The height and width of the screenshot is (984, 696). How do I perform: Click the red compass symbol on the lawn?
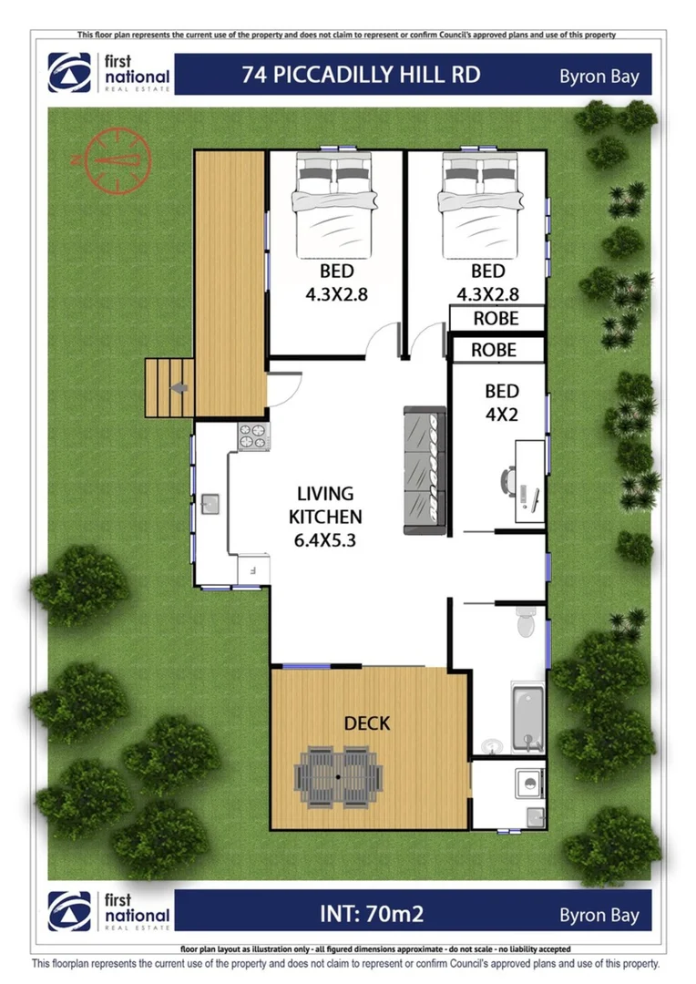(118, 160)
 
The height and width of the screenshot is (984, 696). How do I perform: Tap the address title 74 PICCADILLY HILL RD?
(361, 75)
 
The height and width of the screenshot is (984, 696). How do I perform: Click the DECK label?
(367, 723)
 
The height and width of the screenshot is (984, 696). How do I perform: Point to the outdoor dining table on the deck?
(338, 776)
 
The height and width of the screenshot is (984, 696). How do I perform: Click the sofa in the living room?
(425, 471)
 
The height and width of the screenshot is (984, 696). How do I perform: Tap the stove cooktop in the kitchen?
(253, 436)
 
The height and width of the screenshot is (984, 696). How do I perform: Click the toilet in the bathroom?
(527, 622)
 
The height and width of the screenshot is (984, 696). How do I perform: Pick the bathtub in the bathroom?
(527, 719)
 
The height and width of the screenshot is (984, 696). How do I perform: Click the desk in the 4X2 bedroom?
(529, 481)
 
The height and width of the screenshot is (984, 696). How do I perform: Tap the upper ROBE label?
(496, 319)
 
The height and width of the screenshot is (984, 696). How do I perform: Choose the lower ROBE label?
(495, 350)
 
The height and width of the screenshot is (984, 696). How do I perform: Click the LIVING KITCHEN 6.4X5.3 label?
(325, 517)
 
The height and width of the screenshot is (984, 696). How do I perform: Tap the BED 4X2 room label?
(501, 402)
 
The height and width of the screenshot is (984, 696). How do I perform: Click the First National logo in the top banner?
(109, 74)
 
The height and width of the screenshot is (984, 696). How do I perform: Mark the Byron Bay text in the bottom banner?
(599, 915)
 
